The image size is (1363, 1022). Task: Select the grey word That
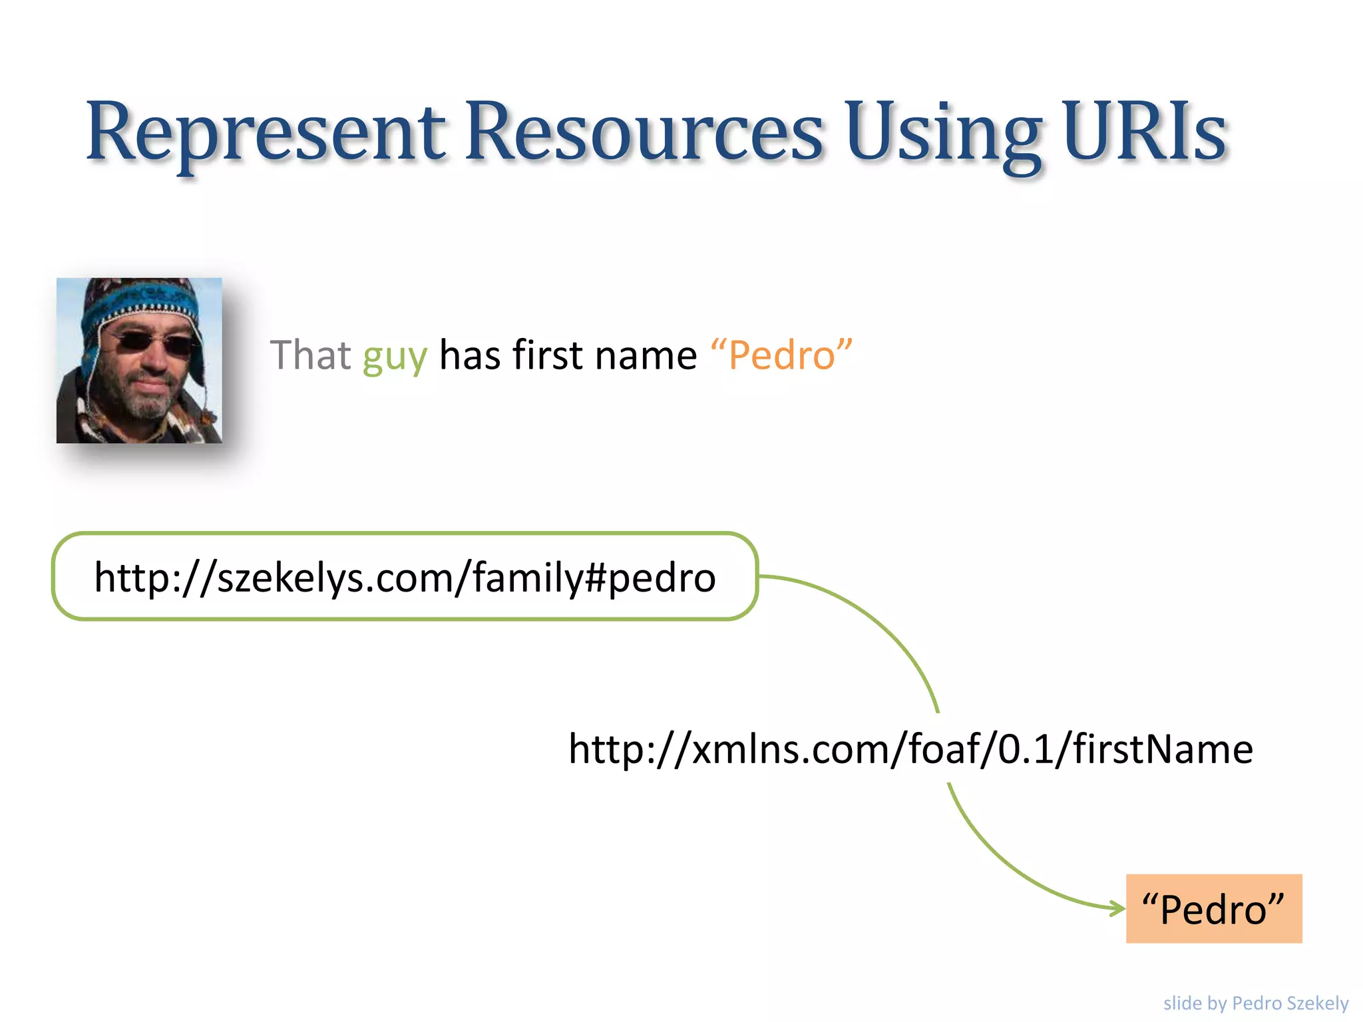coord(310,355)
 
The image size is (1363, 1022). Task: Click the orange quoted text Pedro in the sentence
coord(781,355)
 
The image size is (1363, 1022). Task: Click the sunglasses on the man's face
coord(150,343)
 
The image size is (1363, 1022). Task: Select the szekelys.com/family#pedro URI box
coord(405,577)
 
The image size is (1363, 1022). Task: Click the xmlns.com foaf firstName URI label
coord(910,749)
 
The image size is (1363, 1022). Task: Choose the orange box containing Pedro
coord(1213,909)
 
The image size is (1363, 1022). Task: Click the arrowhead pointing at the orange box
coord(1117,908)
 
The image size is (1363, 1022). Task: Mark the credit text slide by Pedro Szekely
coord(1255,1003)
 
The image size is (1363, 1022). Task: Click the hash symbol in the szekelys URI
coord(594,577)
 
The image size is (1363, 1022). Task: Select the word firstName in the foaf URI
coord(1163,749)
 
